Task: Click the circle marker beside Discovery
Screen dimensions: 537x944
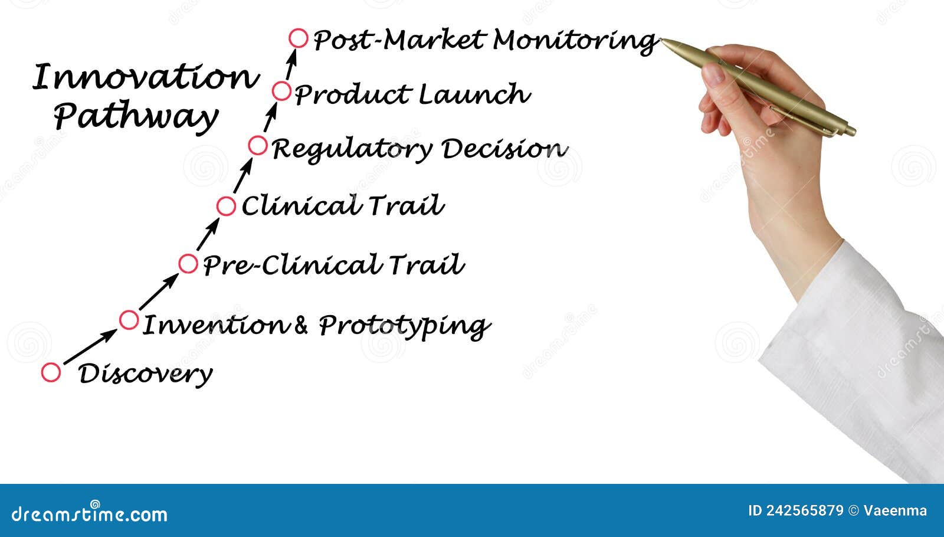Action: click(51, 372)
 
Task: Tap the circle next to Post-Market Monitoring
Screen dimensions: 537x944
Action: click(299, 38)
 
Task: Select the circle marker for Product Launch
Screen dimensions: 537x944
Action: click(282, 91)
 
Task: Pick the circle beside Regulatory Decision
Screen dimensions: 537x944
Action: click(258, 145)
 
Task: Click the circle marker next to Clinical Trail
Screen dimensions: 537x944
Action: click(226, 206)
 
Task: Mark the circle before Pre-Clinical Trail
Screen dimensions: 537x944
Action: click(188, 264)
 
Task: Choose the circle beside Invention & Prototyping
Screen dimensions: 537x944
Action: click(129, 320)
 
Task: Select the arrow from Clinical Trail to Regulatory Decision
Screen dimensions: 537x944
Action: click(242, 176)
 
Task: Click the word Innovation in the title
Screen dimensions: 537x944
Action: click(145, 77)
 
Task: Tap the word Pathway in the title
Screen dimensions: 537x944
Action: click(136, 116)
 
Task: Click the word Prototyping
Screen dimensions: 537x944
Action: click(404, 326)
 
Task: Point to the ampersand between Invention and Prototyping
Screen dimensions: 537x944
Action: click(300, 325)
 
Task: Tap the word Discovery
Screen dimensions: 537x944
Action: click(145, 374)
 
